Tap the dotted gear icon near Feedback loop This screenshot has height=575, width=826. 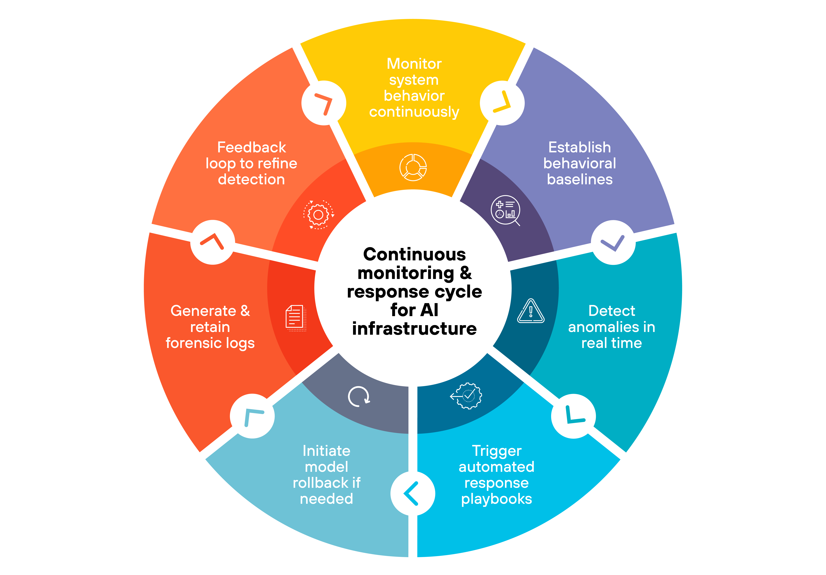click(318, 215)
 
